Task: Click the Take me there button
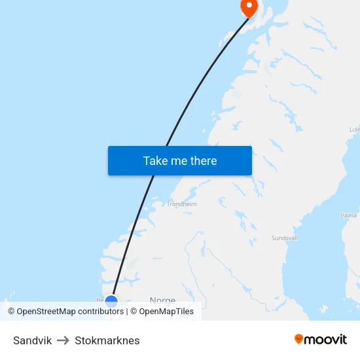click(180, 160)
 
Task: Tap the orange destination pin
click(249, 7)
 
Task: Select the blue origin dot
click(111, 301)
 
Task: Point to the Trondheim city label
click(181, 204)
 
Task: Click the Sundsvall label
click(285, 238)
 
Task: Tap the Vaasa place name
click(349, 215)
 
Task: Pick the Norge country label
click(162, 300)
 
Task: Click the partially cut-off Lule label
click(354, 130)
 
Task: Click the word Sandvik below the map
click(32, 340)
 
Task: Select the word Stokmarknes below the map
click(107, 340)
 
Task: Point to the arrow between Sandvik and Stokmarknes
click(63, 340)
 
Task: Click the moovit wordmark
click(326, 339)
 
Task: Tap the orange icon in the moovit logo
click(299, 339)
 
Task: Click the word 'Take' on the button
click(155, 160)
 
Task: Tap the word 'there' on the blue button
click(202, 160)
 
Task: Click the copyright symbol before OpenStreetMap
click(11, 312)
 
